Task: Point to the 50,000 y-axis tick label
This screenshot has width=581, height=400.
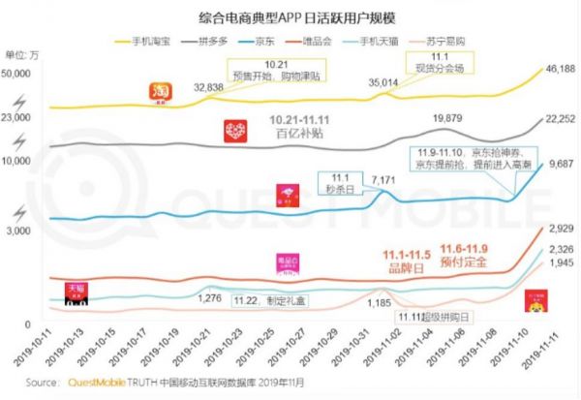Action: coord(19,75)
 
